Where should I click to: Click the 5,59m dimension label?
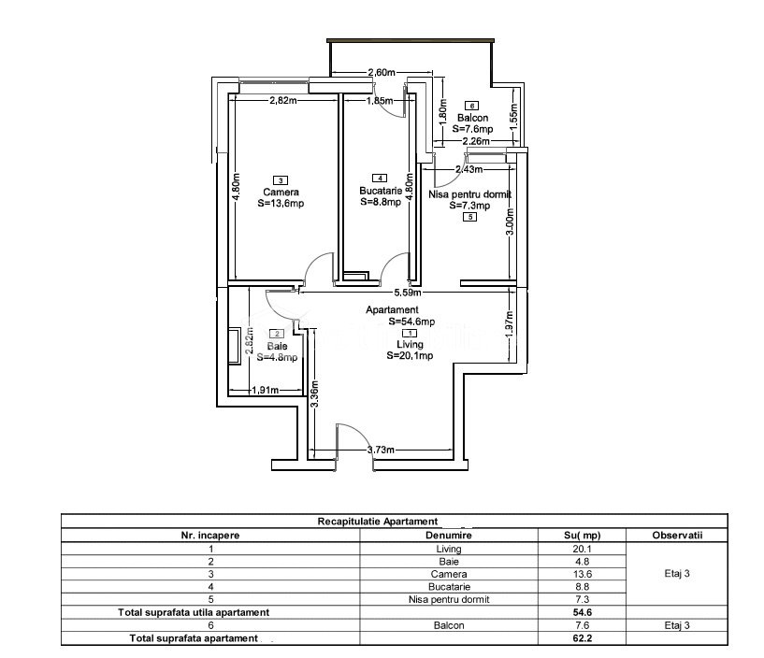point(408,293)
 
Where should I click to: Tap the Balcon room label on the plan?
point(472,118)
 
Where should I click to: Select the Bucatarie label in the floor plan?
point(381,191)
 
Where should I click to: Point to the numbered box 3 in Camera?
point(281,180)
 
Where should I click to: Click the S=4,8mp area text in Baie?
point(277,357)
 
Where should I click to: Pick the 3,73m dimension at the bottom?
point(381,450)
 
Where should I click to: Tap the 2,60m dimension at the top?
point(381,73)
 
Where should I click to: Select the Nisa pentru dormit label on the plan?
point(469,194)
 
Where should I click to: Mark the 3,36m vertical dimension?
point(315,393)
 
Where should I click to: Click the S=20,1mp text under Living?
point(410,356)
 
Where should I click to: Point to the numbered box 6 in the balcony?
point(471,106)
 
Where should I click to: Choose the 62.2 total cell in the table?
point(583,638)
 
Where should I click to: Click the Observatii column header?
point(677,536)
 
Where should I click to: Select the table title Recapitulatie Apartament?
point(378,522)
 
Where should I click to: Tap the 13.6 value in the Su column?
point(583,574)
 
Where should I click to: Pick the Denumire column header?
point(449,536)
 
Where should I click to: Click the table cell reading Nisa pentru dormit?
point(449,599)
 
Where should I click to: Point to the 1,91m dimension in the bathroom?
point(266,390)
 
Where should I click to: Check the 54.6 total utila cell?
point(583,612)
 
